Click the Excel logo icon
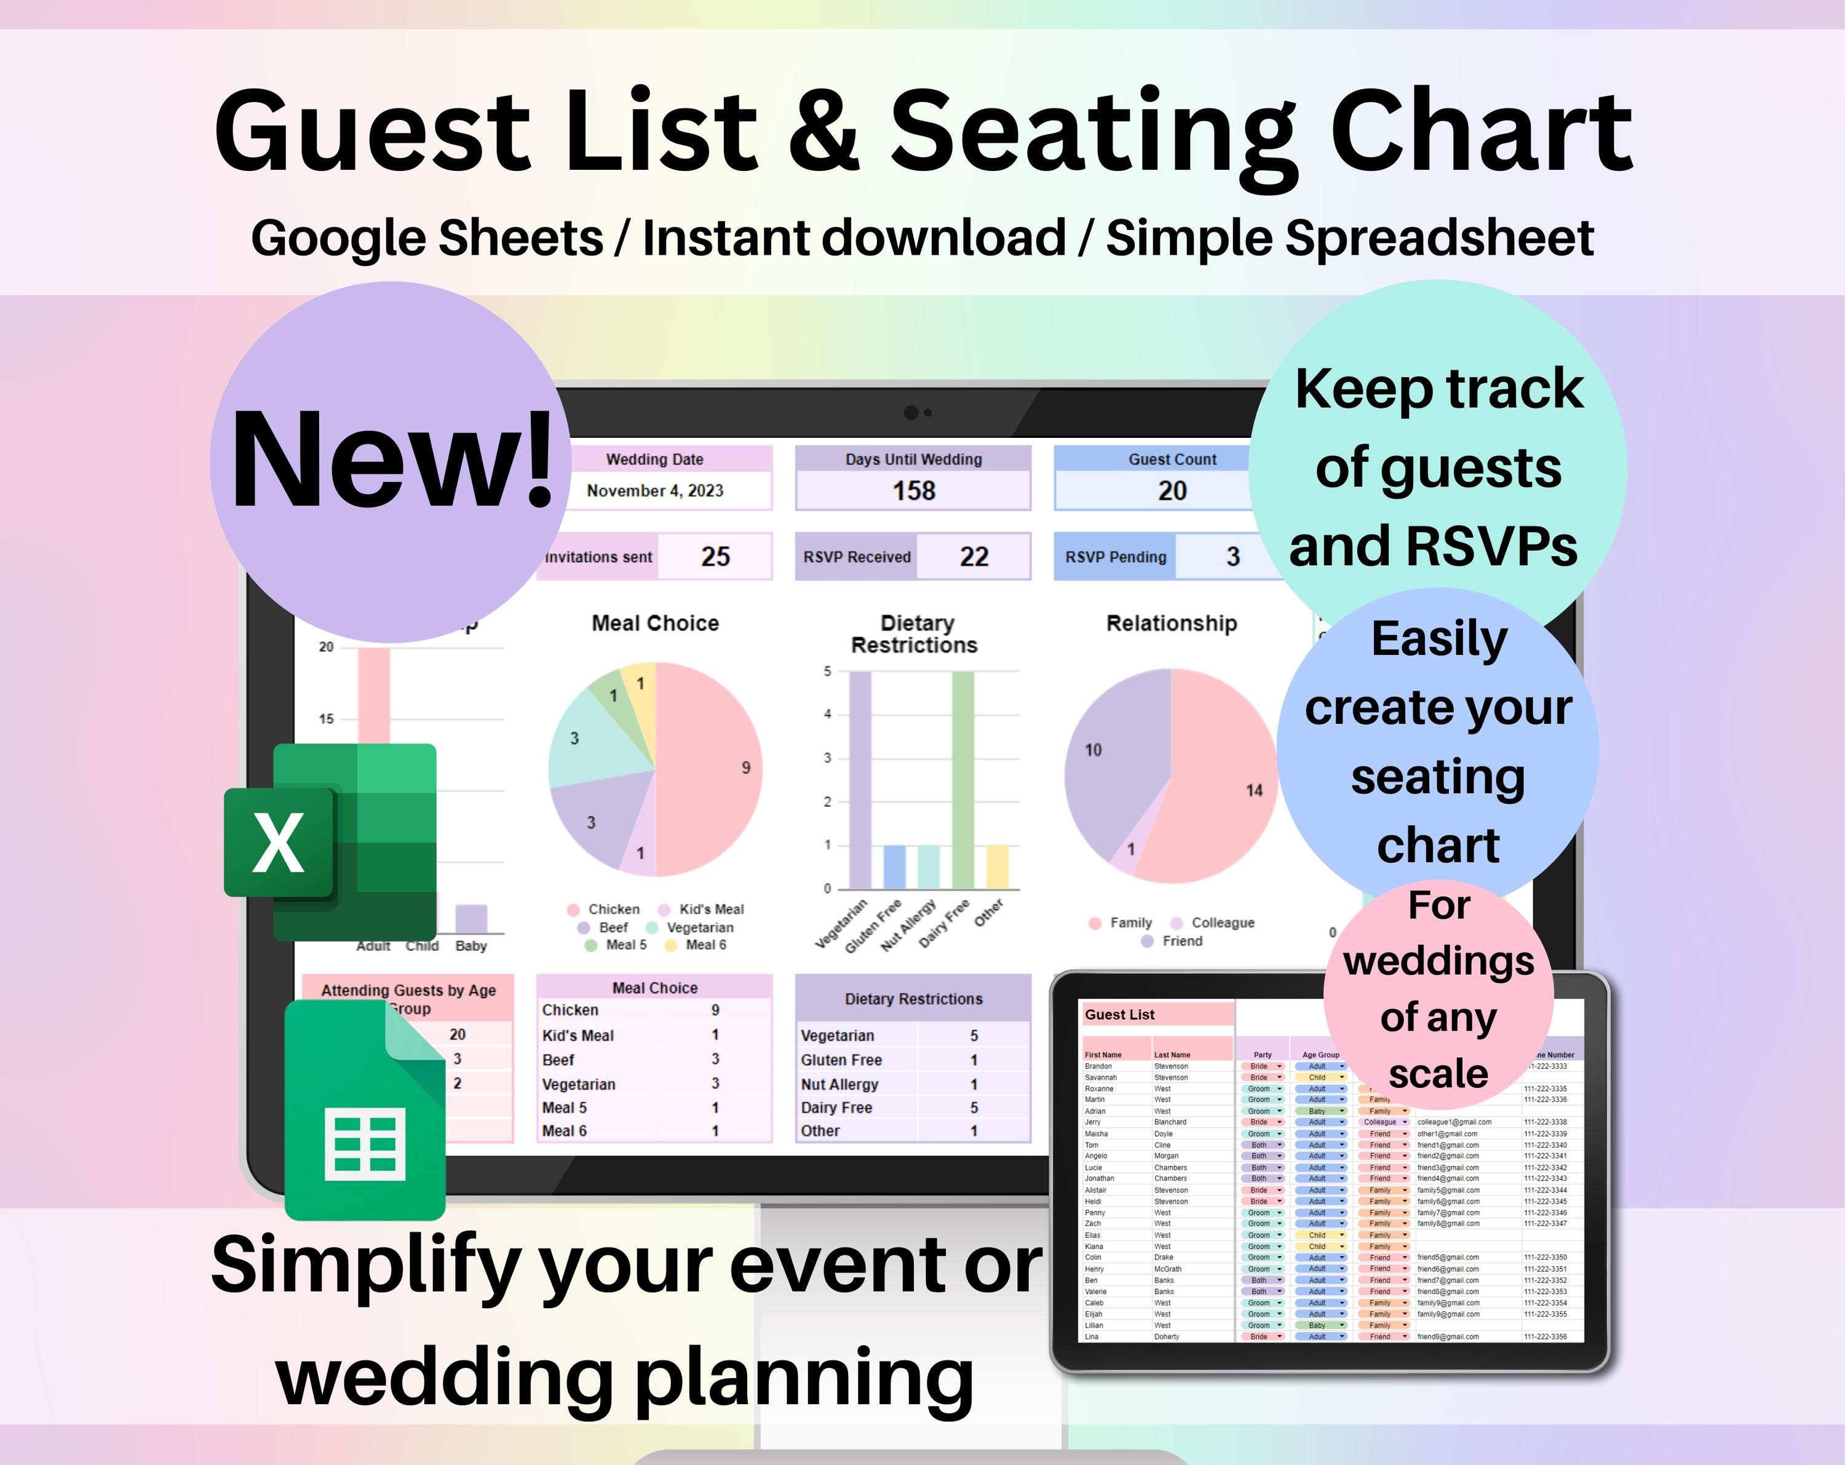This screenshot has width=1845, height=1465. click(x=330, y=842)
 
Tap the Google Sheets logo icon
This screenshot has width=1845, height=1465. click(x=365, y=1110)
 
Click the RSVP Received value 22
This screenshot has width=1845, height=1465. click(x=974, y=557)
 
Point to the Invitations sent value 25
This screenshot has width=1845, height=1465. click(x=715, y=557)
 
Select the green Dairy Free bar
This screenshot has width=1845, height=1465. click(x=962, y=779)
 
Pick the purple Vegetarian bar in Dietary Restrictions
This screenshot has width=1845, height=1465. click(x=860, y=779)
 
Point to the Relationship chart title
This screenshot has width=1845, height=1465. click(x=1172, y=623)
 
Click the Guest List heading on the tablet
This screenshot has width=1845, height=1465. click(x=1119, y=1015)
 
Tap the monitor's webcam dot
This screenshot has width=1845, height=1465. click(x=911, y=413)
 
